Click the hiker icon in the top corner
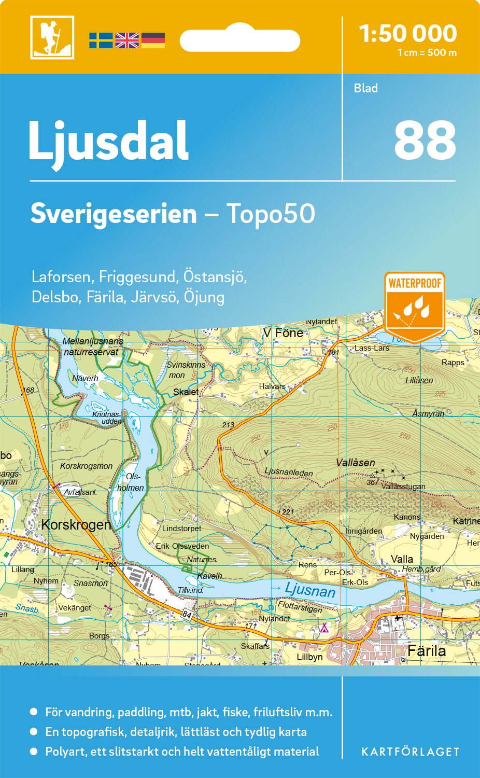pos(52,37)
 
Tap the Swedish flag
pos(101,40)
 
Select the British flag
pos(127,40)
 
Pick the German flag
pos(153,40)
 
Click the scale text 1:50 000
pos(408,34)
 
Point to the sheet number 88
pos(425,141)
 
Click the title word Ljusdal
pos(108,141)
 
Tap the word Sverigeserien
pos(114,214)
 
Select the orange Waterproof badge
pos(414,306)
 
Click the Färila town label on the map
pos(426,651)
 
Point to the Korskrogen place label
pos(76,525)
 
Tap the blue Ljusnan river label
pos(310,590)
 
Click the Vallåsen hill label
pos(355,463)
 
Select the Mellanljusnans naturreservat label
pos(92,346)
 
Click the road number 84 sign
pos(187,615)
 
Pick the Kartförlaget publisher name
pos(410,752)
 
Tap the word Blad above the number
pos(365,88)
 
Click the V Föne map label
pos(283,333)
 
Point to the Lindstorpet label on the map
pos(181,529)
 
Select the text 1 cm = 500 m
pos(427,53)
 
